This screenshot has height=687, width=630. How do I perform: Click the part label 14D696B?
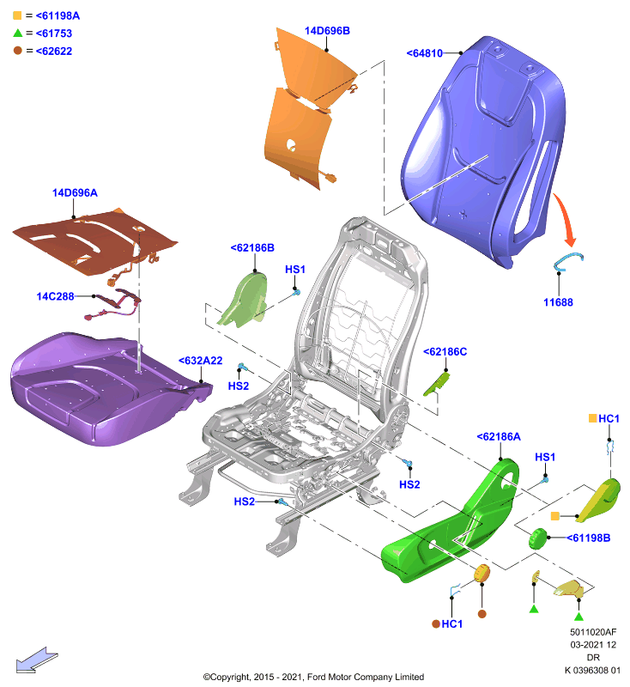pyautogui.click(x=327, y=31)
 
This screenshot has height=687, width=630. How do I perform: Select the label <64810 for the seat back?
pyautogui.click(x=425, y=53)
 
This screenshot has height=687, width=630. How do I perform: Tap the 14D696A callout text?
pyautogui.click(x=75, y=192)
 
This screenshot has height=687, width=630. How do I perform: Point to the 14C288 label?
pyautogui.click(x=55, y=296)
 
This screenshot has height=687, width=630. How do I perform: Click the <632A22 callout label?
pyautogui.click(x=201, y=361)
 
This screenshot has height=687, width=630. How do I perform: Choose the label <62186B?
pyautogui.click(x=252, y=248)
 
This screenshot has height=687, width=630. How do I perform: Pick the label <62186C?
pyautogui.click(x=445, y=352)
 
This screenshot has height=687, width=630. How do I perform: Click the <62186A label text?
pyautogui.click(x=499, y=437)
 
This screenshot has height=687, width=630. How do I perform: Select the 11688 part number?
pyautogui.click(x=558, y=302)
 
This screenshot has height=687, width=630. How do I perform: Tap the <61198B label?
pyautogui.click(x=589, y=538)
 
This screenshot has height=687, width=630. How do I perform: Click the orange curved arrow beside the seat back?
pyautogui.click(x=566, y=218)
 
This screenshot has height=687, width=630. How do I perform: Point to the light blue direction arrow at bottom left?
pyautogui.click(x=37, y=660)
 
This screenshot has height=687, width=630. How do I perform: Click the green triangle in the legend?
pyautogui.click(x=17, y=33)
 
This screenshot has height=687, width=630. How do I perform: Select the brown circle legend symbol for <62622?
pyautogui.click(x=17, y=51)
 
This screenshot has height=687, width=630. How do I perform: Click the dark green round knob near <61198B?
pyautogui.click(x=538, y=538)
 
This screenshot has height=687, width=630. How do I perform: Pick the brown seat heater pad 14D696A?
pyautogui.click(x=94, y=241)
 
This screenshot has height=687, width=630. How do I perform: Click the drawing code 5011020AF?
pyautogui.click(x=593, y=632)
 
